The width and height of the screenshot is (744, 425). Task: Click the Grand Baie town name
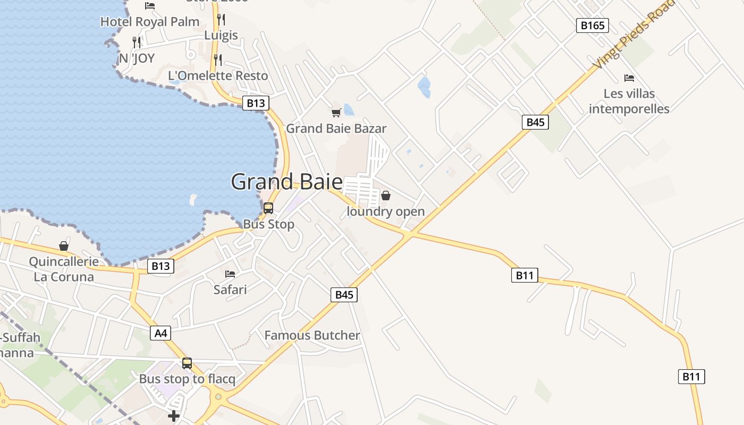click(287, 182)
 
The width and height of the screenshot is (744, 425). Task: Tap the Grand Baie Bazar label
click(336, 129)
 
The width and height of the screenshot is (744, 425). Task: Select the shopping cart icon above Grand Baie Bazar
click(336, 113)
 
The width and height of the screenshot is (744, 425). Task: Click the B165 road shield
click(592, 25)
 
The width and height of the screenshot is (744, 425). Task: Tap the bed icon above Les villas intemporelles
click(629, 78)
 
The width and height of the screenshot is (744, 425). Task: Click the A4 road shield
click(160, 333)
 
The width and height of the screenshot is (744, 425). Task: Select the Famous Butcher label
click(312, 335)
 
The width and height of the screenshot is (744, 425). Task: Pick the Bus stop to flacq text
click(187, 379)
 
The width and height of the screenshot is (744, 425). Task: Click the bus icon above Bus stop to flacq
click(187, 363)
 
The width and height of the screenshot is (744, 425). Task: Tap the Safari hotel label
click(230, 290)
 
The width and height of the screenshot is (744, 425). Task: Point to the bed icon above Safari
click(230, 274)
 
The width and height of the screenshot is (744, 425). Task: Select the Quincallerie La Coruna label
click(64, 269)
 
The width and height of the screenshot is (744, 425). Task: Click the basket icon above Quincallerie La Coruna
click(64, 246)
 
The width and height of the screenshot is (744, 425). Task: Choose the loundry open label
click(386, 211)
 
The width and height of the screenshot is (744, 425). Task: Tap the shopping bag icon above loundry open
click(386, 195)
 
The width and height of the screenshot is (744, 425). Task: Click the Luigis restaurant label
click(221, 36)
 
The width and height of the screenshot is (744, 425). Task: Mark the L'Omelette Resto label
click(218, 75)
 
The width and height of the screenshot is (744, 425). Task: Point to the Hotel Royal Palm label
click(150, 22)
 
